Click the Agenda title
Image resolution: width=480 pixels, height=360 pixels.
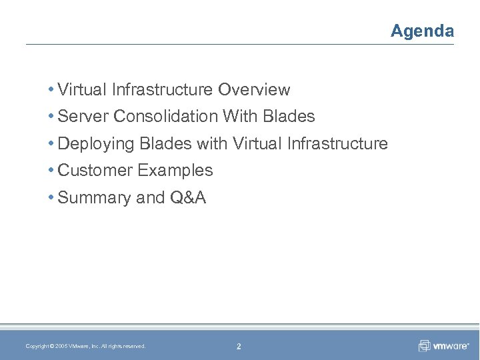(x=422, y=31)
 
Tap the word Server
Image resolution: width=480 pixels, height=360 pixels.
(x=83, y=116)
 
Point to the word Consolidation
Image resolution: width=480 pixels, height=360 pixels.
(x=166, y=116)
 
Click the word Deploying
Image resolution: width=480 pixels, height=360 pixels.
(x=95, y=143)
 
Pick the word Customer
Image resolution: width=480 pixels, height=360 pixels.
(x=95, y=170)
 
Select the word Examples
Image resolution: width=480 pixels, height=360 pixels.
(x=175, y=170)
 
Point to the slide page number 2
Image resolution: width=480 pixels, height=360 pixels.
(x=239, y=346)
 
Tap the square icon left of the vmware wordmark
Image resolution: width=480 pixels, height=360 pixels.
(x=424, y=345)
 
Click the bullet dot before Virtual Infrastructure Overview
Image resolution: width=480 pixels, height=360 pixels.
(x=51, y=89)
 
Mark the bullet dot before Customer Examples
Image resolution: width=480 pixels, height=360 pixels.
(x=51, y=171)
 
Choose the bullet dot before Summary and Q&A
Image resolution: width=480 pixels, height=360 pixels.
(x=51, y=198)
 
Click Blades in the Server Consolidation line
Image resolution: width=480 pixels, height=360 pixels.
(x=289, y=116)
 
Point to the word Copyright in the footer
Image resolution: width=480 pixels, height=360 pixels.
(x=36, y=346)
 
